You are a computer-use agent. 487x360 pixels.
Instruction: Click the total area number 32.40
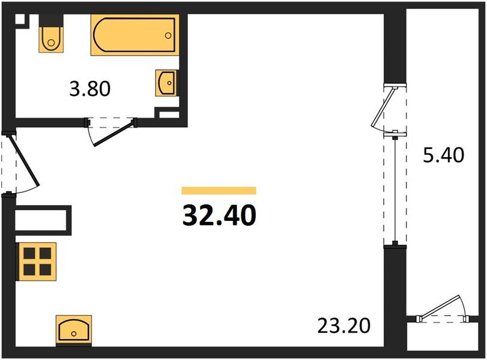point(219,215)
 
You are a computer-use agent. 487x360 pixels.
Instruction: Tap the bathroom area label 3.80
point(91,89)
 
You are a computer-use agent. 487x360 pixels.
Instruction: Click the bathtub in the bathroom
point(134,36)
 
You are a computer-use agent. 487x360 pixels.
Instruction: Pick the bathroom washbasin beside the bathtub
point(166,82)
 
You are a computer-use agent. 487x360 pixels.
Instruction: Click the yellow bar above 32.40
point(219,191)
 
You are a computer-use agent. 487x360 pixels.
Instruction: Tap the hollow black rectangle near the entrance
point(42,219)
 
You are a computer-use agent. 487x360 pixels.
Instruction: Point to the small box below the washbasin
point(166,113)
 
